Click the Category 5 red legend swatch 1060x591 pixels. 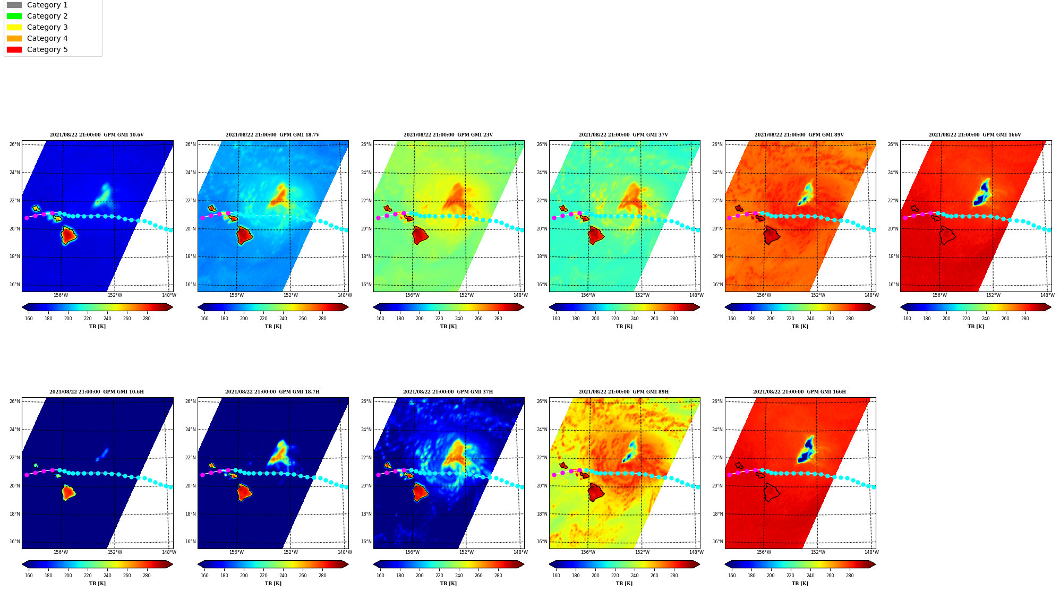(14, 49)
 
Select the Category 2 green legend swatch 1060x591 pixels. (14, 16)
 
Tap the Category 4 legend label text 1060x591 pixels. (47, 38)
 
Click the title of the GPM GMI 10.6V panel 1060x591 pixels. (97, 135)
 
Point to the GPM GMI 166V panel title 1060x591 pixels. (975, 135)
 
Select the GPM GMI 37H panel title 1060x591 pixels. (448, 392)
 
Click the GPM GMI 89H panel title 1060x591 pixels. (624, 392)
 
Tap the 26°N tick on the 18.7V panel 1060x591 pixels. (190, 144)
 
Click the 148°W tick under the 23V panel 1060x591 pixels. (520, 295)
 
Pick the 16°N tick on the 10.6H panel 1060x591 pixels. (14, 542)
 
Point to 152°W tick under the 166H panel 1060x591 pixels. (818, 552)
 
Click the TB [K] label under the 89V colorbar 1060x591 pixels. (800, 327)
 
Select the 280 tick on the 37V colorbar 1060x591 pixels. (674, 319)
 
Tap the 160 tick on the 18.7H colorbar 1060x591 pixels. (204, 576)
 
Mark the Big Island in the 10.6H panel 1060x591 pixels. (68, 493)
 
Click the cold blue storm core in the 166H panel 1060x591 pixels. (807, 450)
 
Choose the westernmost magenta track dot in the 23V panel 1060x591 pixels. (378, 218)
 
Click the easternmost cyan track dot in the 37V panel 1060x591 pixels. (698, 230)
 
